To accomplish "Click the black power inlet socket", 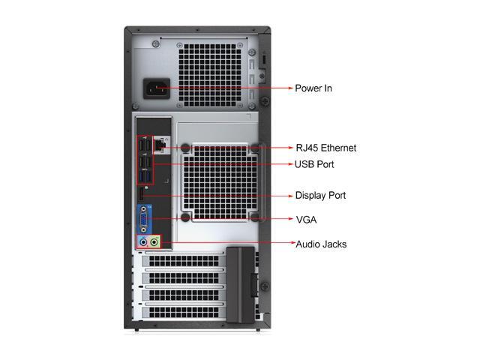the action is [x=158, y=89].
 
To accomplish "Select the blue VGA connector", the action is [x=143, y=219].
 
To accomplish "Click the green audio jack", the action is [x=154, y=242].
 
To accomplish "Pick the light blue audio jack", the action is [x=142, y=242].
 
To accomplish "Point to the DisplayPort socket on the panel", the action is [x=140, y=196].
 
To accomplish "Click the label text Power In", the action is [x=313, y=88].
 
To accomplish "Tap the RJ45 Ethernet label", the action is [x=325, y=148].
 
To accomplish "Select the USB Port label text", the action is [x=314, y=164].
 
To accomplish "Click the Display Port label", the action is [x=320, y=196].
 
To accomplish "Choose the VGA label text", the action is [x=306, y=220].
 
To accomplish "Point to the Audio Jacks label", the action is [x=321, y=244].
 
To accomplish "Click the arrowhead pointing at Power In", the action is [x=289, y=88].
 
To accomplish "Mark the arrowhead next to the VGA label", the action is [x=289, y=220].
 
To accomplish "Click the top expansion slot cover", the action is [x=183, y=262].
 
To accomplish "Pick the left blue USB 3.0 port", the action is [x=140, y=177].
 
